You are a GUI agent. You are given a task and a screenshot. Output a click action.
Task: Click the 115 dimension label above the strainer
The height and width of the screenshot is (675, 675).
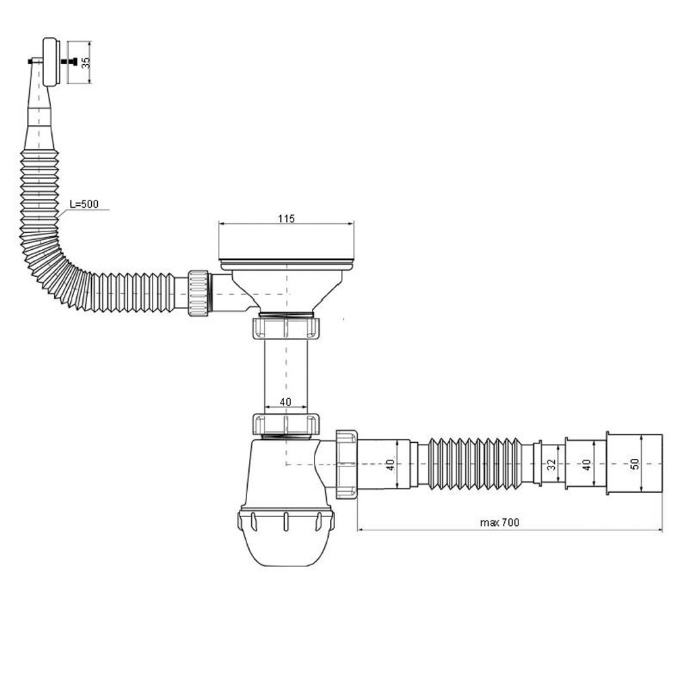[286, 218]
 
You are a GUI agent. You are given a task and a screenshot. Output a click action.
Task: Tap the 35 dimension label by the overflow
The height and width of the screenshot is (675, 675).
[86, 62]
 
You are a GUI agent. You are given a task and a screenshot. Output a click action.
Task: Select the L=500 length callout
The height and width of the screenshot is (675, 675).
[84, 204]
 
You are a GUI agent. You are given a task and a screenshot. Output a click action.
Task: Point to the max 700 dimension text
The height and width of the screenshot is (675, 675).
[500, 522]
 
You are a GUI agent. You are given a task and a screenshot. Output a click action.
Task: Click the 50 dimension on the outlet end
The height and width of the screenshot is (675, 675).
[634, 464]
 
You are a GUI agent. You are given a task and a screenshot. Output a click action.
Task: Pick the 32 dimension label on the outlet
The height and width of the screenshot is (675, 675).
[551, 464]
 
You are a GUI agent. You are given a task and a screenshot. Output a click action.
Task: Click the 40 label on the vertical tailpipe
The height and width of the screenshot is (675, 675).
[286, 402]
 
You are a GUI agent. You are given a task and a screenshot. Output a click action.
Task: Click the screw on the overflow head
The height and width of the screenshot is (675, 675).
[69, 62]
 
